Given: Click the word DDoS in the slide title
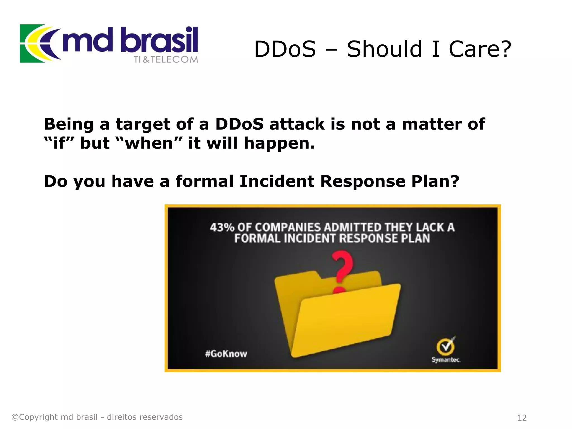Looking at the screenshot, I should [x=285, y=49].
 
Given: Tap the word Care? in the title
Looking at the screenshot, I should [x=480, y=49].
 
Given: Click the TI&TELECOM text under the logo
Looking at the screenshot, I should [x=166, y=59].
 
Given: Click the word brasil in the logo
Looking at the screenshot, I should [x=161, y=40].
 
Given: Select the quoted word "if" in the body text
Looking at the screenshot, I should [x=59, y=143].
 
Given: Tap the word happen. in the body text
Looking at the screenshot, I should [x=279, y=144].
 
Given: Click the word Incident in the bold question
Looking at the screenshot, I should [x=277, y=181].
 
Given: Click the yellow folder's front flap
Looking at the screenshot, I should [x=346, y=321].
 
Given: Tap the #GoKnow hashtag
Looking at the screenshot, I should [x=226, y=354].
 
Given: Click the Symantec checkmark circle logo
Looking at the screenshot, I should [x=446, y=347].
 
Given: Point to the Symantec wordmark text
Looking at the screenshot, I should [x=446, y=360].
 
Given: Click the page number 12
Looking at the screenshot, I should [x=522, y=418].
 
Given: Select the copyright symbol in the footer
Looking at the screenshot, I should [x=15, y=417].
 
